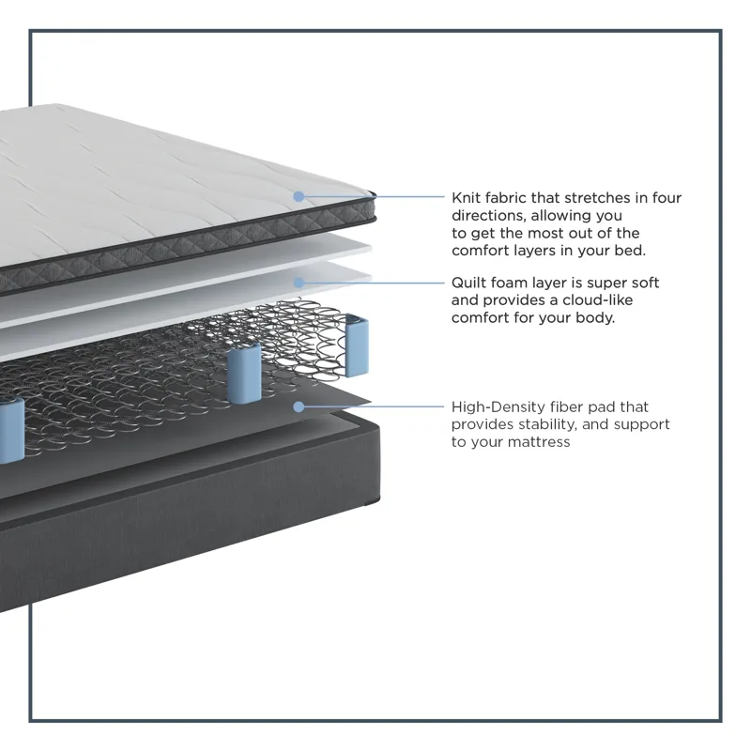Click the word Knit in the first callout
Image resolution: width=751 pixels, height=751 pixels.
coord(465,198)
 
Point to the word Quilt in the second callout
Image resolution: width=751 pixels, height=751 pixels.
coord(467,283)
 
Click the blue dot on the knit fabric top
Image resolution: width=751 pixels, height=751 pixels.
coord(299,196)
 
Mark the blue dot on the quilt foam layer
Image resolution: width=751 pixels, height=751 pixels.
coord(299,283)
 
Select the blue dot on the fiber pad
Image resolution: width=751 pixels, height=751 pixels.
coord(299,407)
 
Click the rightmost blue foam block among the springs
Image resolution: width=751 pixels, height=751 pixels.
coord(357,345)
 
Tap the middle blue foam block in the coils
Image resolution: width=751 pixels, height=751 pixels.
coord(244,374)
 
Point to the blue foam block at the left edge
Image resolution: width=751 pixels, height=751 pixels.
coord(10,431)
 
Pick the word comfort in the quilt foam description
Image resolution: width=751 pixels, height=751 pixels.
coord(480,317)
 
